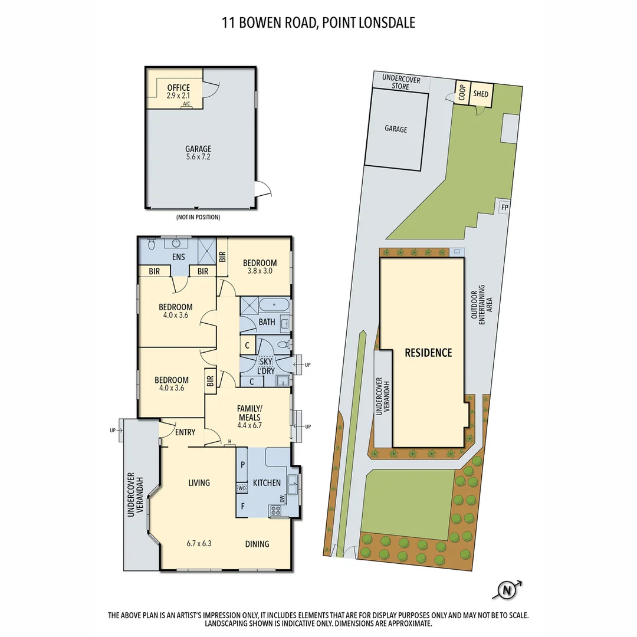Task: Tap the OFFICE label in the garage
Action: (178, 88)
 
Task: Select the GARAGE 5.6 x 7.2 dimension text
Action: (198, 157)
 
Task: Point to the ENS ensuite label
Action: (178, 257)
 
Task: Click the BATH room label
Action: (267, 322)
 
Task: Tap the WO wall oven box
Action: (242, 488)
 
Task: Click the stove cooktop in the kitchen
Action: (276, 511)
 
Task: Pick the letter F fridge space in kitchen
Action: (242, 506)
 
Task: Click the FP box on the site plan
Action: (504, 208)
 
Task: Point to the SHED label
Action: (481, 94)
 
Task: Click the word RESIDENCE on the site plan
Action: (428, 353)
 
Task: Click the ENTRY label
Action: (185, 432)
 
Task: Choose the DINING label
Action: (257, 544)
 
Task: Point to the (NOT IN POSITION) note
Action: (198, 218)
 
